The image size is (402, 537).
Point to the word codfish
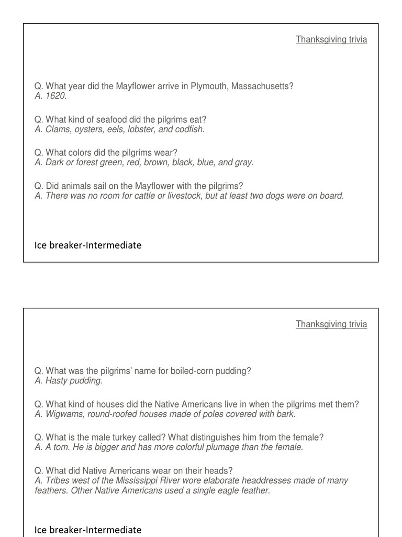188,130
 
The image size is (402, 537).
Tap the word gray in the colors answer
243,163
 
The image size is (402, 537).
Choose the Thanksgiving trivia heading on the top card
331,39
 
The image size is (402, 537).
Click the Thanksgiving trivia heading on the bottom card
331,324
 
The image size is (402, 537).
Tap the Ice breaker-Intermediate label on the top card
88,245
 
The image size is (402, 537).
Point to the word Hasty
58,381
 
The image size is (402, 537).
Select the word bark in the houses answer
286,414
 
